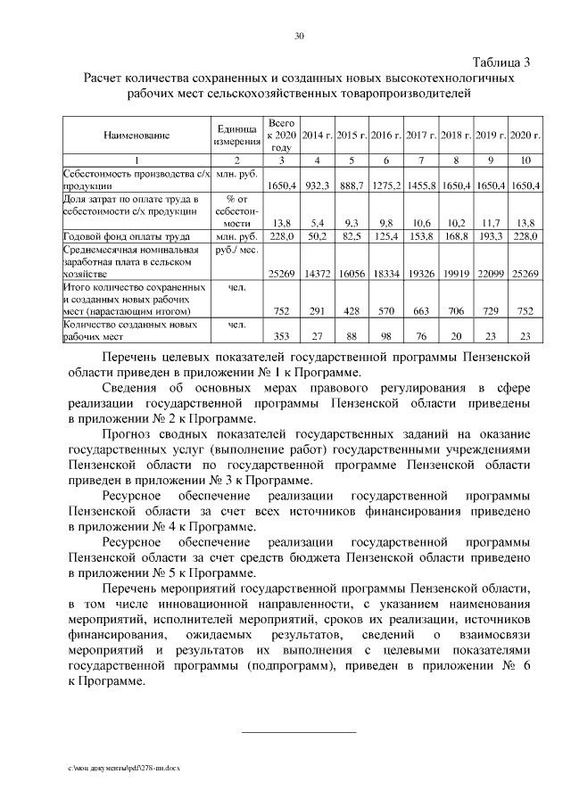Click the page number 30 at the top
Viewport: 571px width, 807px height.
tap(299, 37)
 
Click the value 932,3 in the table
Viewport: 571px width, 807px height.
tap(317, 185)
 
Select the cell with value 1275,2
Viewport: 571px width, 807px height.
tap(386, 185)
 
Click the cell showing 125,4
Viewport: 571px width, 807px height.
tap(386, 237)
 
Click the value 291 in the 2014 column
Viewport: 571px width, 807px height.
tap(317, 311)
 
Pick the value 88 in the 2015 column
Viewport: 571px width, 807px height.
tap(352, 336)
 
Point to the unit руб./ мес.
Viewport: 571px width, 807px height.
tap(236, 251)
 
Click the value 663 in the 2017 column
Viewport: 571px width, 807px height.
tap(420, 311)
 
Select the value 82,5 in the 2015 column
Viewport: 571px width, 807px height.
tap(352, 237)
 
